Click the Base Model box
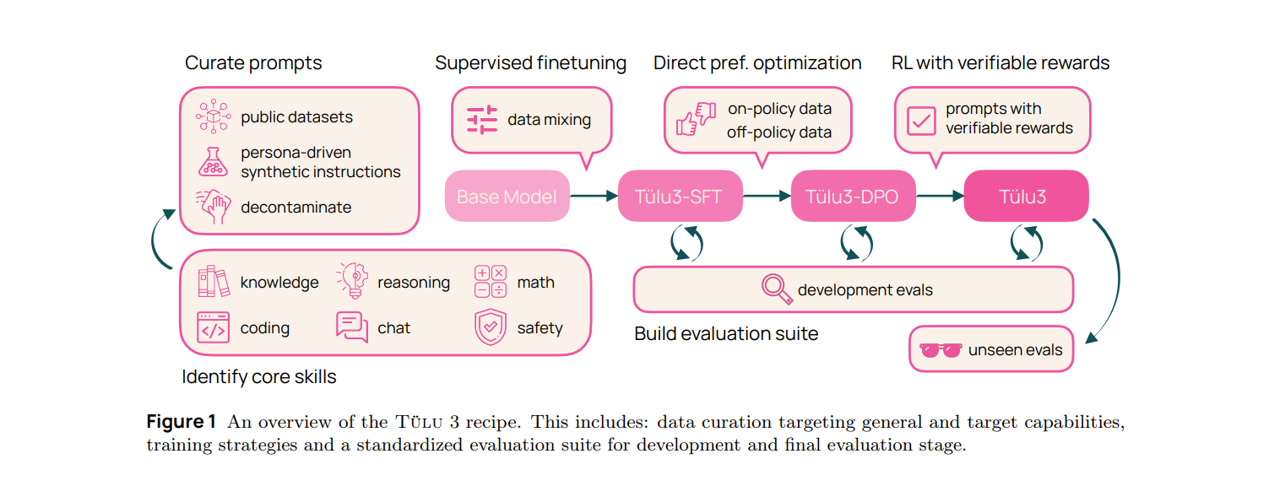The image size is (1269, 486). tap(507, 197)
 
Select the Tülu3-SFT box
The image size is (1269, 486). tap(680, 197)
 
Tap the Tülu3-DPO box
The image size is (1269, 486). tap(853, 197)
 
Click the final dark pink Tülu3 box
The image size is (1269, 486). tap(1026, 197)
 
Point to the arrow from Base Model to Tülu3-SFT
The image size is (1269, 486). tap(594, 197)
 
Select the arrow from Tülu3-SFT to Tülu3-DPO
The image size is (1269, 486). tap(767, 197)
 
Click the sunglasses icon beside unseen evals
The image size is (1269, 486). tap(941, 350)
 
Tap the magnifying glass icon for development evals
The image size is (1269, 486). tap(776, 289)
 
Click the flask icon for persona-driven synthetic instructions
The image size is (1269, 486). tap(213, 161)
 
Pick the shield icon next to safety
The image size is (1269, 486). tap(491, 327)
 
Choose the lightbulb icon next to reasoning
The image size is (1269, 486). tap(352, 281)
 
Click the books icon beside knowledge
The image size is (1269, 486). tap(213, 282)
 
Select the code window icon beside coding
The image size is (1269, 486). tap(213, 327)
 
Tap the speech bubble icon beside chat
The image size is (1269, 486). tap(352, 327)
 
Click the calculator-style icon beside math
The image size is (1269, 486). tap(491, 282)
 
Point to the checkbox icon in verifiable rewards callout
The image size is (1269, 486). tap(920, 121)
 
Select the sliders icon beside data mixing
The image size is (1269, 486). tap(483, 120)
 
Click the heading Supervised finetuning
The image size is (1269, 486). tap(530, 63)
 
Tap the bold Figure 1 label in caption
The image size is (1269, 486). tap(182, 422)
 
